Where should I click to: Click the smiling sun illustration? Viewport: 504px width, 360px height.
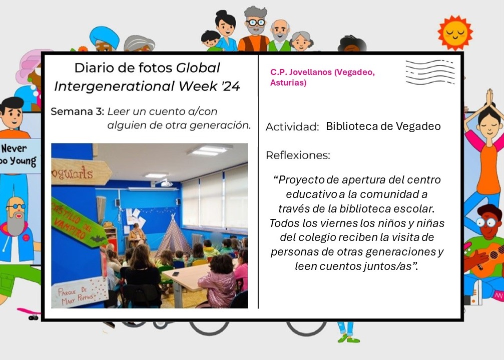click(x=455, y=32)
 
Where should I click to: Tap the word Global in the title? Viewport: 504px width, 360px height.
click(x=198, y=67)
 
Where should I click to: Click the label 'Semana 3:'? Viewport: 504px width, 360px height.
click(x=77, y=112)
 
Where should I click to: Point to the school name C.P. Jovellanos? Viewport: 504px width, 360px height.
click(x=301, y=72)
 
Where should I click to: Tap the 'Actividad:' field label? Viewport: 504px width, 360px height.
click(x=292, y=127)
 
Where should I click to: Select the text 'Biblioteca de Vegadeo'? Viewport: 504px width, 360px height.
click(x=383, y=126)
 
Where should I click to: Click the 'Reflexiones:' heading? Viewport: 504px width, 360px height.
click(x=298, y=155)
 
